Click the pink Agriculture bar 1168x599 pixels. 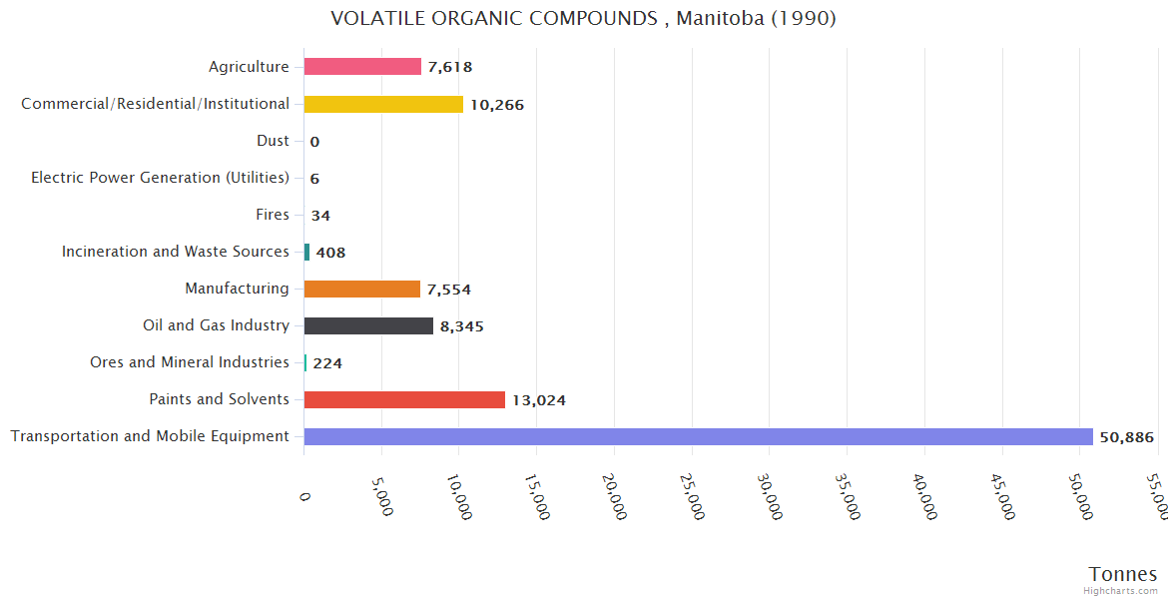(362, 67)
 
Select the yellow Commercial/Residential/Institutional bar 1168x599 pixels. (383, 104)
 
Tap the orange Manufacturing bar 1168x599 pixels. (361, 290)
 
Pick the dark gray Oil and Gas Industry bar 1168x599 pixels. (368, 325)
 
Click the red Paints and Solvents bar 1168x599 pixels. (404, 399)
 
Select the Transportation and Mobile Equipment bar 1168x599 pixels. (698, 436)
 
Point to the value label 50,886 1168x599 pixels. (1126, 437)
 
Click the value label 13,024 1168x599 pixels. (538, 400)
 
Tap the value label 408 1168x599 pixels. (330, 253)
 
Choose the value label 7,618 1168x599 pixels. (449, 68)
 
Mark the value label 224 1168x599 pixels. (327, 363)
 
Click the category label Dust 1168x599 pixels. (273, 141)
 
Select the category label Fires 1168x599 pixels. (273, 215)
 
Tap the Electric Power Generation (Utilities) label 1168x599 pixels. (160, 178)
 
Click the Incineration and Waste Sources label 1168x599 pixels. (175, 252)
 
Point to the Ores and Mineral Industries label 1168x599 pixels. (189, 362)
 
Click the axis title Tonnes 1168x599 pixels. (1122, 574)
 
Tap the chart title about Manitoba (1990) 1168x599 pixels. (583, 19)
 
